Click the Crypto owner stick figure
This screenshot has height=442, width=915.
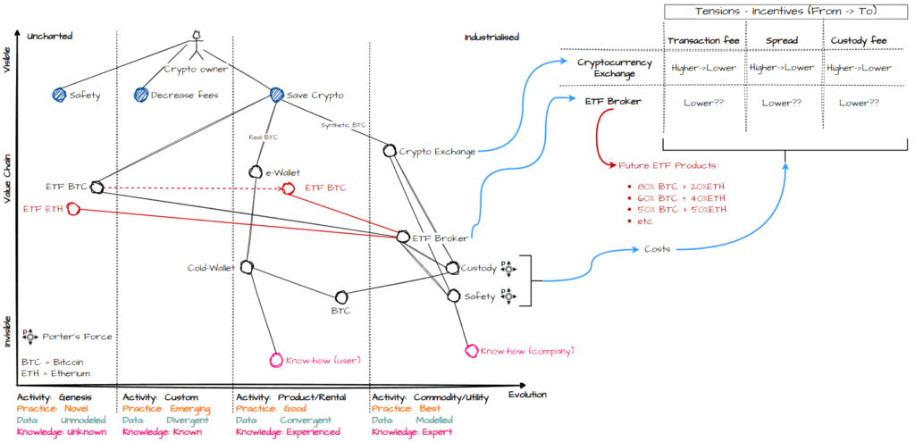pyautogui.click(x=197, y=46)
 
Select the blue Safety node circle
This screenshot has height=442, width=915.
pyautogui.click(x=59, y=95)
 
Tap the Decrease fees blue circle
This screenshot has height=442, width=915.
pyautogui.click(x=140, y=95)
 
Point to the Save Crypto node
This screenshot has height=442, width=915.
pyautogui.click(x=276, y=95)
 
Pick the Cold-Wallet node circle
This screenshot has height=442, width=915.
pyautogui.click(x=246, y=267)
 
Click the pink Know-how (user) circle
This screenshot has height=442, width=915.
pyautogui.click(x=275, y=360)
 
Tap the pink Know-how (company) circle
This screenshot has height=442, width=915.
pyautogui.click(x=471, y=350)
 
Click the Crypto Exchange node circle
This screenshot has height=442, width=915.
pyautogui.click(x=390, y=150)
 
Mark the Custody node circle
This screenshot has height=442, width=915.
pyautogui.click(x=452, y=267)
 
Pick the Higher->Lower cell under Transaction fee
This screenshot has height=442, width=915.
pyautogui.click(x=696, y=68)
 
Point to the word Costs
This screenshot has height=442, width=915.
pyautogui.click(x=659, y=248)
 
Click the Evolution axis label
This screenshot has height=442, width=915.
pyautogui.click(x=527, y=394)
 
